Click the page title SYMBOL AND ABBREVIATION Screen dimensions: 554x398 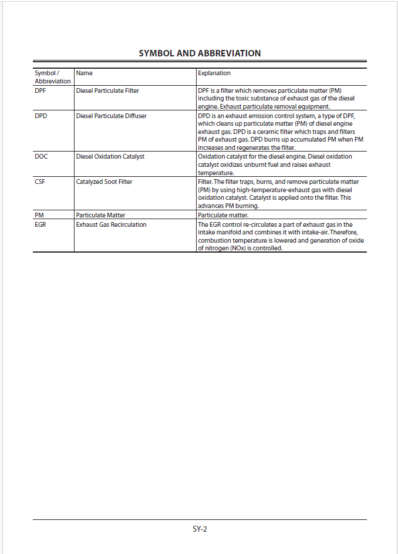click(200, 53)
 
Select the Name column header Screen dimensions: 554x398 click(84, 73)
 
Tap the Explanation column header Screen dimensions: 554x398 click(214, 73)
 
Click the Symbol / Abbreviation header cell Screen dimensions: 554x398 click(52, 77)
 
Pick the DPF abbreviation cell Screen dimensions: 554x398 click(41, 90)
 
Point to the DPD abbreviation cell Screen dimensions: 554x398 click(41, 116)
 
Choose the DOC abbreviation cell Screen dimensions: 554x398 click(41, 156)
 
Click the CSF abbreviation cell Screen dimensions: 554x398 click(40, 182)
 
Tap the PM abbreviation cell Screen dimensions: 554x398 click(39, 216)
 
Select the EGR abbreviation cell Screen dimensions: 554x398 click(41, 224)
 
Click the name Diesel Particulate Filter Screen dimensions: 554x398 click(107, 90)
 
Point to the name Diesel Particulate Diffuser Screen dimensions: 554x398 click(111, 116)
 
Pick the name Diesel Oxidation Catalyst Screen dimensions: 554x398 click(110, 156)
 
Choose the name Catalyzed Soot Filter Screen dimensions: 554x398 click(104, 182)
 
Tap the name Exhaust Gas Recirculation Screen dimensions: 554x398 click(111, 224)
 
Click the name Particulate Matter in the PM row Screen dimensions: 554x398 click(100, 216)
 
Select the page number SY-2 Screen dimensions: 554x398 click(200, 529)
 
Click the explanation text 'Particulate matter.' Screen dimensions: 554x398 click(222, 216)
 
